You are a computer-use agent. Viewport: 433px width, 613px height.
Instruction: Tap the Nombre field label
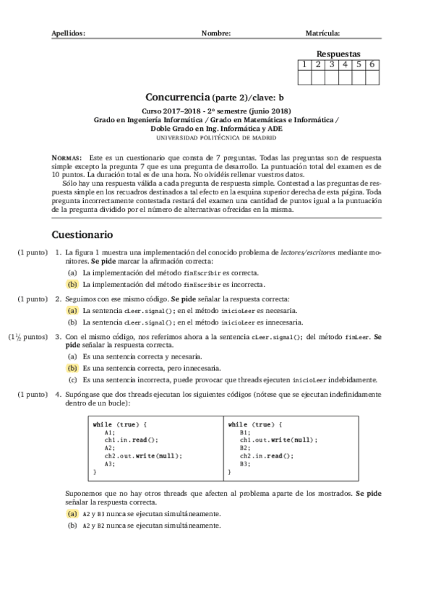click(216, 33)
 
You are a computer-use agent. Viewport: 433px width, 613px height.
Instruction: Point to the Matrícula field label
click(323, 33)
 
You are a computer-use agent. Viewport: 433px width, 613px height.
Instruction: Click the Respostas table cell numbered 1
click(306, 64)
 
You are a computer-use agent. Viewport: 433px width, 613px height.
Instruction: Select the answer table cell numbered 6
click(372, 64)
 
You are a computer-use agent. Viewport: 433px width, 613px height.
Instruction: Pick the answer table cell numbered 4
click(346, 64)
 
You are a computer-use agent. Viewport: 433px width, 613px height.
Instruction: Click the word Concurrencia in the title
click(177, 97)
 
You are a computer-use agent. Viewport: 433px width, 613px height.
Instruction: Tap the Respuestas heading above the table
click(338, 53)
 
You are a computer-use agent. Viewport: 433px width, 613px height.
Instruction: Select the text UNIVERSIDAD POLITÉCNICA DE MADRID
click(216, 137)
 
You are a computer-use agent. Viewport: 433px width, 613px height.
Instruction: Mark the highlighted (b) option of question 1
click(72, 285)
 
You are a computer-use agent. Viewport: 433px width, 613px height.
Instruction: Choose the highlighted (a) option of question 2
click(72, 310)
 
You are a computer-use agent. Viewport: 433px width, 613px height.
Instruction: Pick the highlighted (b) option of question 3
click(72, 368)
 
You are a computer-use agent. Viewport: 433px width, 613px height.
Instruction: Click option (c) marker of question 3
click(72, 379)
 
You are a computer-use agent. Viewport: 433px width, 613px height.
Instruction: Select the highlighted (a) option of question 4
click(72, 514)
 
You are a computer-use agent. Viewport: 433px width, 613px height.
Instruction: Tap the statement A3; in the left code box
click(109, 464)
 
